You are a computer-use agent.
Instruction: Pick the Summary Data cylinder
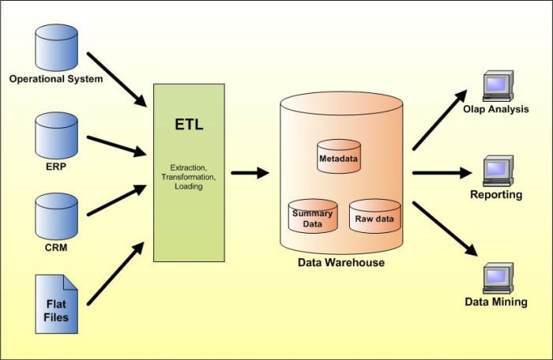(x=311, y=214)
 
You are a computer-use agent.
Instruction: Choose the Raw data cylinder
(x=374, y=215)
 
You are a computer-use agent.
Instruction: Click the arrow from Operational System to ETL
(x=117, y=79)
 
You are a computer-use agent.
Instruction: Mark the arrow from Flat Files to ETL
(x=116, y=273)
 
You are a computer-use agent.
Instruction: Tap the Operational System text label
(x=55, y=79)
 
